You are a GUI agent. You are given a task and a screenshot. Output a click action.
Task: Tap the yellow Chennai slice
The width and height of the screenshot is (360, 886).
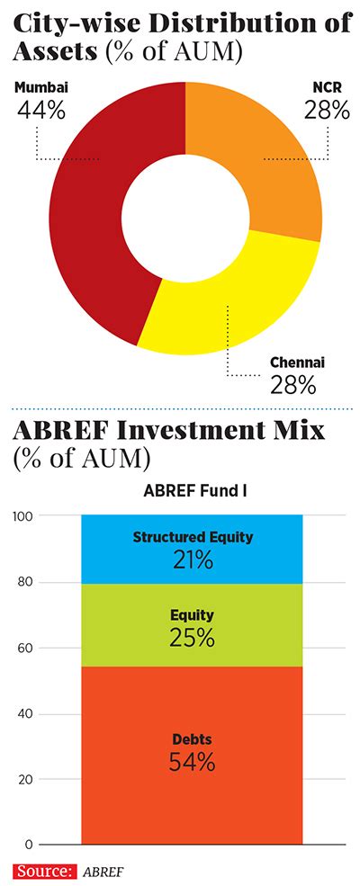(x=238, y=305)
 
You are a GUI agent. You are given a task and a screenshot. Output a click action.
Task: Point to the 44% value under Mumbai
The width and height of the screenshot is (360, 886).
(x=40, y=110)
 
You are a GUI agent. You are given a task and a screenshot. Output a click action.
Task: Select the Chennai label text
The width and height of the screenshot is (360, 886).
(x=298, y=362)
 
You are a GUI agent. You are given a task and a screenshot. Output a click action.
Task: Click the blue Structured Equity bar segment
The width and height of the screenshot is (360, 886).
(x=193, y=549)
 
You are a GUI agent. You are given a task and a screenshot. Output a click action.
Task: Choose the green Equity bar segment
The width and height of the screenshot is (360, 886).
(x=193, y=625)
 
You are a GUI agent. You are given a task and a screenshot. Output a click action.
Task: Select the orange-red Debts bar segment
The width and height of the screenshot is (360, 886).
(x=193, y=755)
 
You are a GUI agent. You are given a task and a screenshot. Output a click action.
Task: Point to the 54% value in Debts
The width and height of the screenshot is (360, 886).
(x=193, y=763)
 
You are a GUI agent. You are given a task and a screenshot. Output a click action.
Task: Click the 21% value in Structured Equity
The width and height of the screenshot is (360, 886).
(x=193, y=561)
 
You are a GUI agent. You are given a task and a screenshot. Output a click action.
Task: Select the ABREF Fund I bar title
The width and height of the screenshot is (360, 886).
(x=193, y=491)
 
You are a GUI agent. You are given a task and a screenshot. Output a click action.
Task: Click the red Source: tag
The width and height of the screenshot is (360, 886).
(x=45, y=871)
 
